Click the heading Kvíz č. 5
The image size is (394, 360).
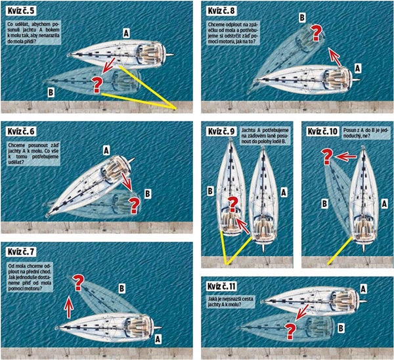[21, 11]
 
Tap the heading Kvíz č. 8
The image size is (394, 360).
[221, 11]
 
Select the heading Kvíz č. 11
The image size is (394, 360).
[222, 286]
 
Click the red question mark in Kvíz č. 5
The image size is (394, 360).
[97, 85]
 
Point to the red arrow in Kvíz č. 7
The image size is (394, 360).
[69, 307]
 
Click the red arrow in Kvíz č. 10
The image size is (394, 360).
[346, 156]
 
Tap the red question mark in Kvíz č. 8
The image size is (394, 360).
[316, 32]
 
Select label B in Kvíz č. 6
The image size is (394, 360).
[148, 194]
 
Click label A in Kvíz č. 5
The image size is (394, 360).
[126, 34]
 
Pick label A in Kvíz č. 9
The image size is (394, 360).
[284, 192]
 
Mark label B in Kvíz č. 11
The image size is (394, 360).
[341, 328]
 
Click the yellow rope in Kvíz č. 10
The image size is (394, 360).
[340, 250]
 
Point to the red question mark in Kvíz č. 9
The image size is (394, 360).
[232, 204]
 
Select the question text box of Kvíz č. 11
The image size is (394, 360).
[231, 302]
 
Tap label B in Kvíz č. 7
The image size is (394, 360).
[122, 288]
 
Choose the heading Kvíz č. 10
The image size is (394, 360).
[322, 131]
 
